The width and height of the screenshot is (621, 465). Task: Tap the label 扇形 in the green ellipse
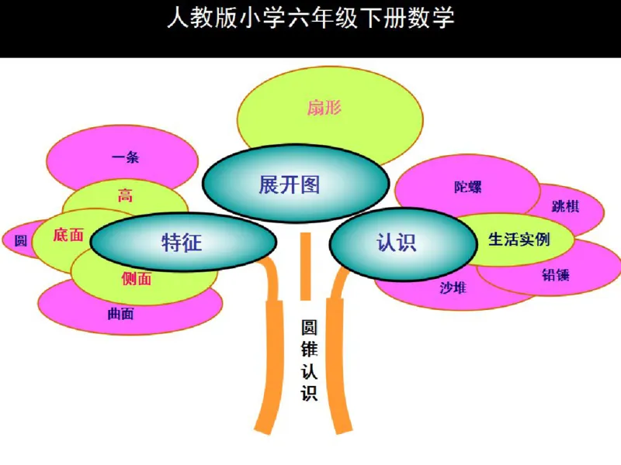[324, 108]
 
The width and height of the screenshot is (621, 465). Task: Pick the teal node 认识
[397, 242]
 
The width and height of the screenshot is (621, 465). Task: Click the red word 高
[125, 195]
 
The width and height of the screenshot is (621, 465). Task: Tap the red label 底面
[68, 235]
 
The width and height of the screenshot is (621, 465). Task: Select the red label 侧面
[137, 279]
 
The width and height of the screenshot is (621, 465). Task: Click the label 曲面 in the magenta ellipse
[120, 314]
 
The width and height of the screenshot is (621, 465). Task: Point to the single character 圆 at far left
[21, 240]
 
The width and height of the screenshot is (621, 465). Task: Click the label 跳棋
[565, 207]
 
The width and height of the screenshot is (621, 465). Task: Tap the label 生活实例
[519, 239]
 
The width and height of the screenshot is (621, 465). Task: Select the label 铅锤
[556, 274]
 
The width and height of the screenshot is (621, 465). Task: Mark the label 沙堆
[453, 288]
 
